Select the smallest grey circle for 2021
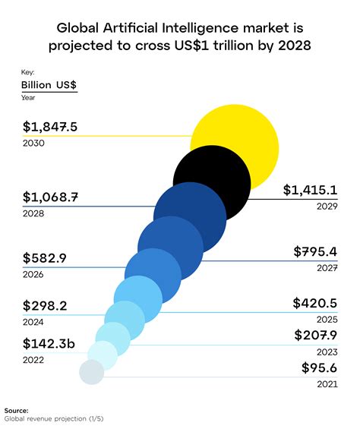pyautogui.click(x=92, y=372)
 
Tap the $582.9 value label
pyautogui.click(x=45, y=258)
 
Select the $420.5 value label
pyautogui.click(x=314, y=303)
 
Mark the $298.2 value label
pyautogui.click(x=45, y=306)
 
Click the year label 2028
pyautogui.click(x=33, y=214)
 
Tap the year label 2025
pyautogui.click(x=327, y=320)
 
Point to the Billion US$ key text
pyautogui.click(x=49, y=84)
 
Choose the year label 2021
pyautogui.click(x=327, y=385)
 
